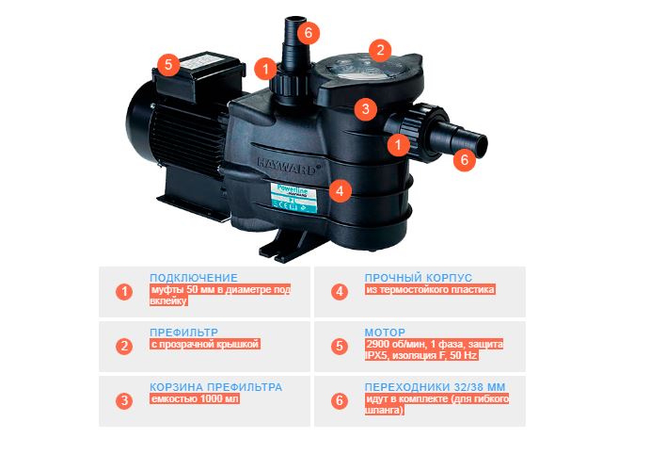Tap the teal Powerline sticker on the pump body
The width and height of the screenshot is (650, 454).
294,198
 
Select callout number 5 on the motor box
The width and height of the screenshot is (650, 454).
167,65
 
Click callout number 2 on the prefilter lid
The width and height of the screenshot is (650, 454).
380,50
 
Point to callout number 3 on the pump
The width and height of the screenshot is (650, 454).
365,109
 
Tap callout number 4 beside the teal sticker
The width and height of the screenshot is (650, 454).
340,191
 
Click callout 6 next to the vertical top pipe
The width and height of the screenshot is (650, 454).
308,32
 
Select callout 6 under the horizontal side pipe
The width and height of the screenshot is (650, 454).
465,159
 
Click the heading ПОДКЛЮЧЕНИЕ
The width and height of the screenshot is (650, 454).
194,278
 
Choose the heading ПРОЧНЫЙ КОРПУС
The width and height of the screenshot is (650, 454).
419,278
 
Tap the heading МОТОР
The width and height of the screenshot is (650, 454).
385,332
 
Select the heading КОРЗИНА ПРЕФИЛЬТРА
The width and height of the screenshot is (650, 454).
215,387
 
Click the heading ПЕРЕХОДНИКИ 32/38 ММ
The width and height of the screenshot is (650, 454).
435,387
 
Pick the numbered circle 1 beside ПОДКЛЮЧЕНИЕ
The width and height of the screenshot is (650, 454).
124,291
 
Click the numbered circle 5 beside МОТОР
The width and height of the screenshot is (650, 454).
339,346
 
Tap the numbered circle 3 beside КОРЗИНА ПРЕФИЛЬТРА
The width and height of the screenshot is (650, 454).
124,401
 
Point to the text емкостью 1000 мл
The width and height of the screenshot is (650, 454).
195,398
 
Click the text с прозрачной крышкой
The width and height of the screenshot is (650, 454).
205,344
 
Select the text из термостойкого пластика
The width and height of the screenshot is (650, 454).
430,289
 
